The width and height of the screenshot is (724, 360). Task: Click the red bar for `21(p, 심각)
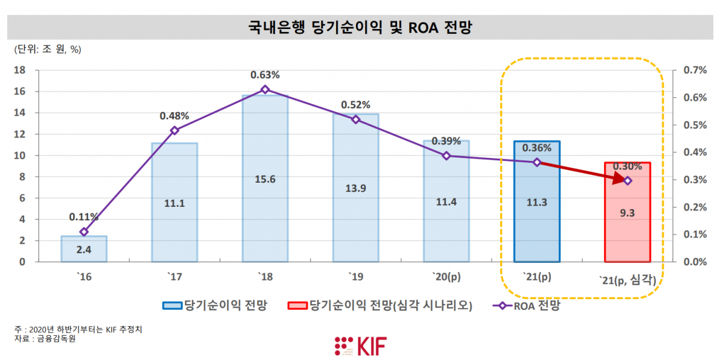coord(627,229)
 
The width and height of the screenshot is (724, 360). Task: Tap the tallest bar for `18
coord(265,199)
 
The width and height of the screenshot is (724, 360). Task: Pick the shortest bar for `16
coord(84,249)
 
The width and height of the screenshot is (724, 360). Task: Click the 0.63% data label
coord(265,75)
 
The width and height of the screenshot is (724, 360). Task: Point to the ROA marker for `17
coord(174,130)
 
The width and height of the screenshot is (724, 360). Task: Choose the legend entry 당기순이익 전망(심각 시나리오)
coord(389,306)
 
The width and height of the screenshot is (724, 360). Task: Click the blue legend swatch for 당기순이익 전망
coord(173,306)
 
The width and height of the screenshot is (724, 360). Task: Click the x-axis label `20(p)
coord(446,278)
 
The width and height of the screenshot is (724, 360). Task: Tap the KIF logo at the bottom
coord(361,346)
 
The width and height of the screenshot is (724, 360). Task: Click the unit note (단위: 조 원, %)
coord(47,49)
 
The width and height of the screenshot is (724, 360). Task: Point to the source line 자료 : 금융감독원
coord(45,339)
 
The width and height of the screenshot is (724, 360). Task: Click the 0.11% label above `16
coord(84,216)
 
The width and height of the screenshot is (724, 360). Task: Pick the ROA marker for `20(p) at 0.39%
coord(446,156)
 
